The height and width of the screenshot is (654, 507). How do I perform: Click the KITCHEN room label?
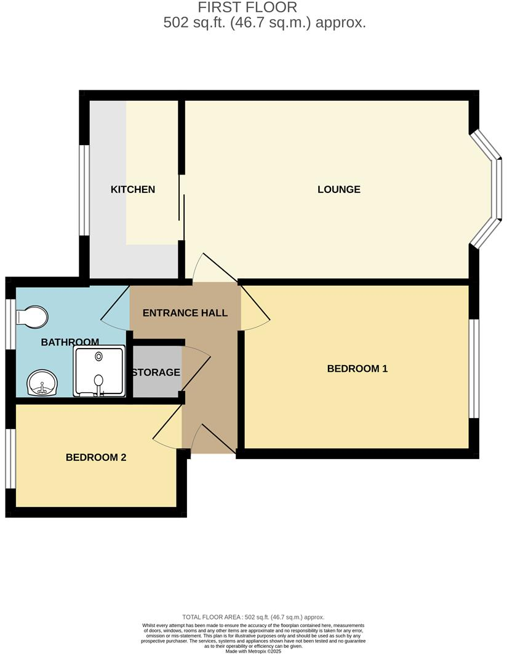133,189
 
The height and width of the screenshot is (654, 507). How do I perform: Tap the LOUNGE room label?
338,189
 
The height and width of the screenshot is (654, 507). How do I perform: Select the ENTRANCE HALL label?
185,313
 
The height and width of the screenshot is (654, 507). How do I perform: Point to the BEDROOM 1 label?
357,369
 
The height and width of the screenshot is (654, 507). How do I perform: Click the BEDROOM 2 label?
96,457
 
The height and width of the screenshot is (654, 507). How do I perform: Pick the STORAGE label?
156,372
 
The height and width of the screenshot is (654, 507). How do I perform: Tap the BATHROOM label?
70,342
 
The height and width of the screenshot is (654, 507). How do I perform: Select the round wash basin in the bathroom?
42,384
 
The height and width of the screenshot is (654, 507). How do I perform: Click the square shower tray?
99,371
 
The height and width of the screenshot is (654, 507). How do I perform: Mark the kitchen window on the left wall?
82,190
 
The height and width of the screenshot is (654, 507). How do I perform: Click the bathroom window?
9,324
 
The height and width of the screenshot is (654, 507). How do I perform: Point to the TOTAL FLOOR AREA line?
253,617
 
